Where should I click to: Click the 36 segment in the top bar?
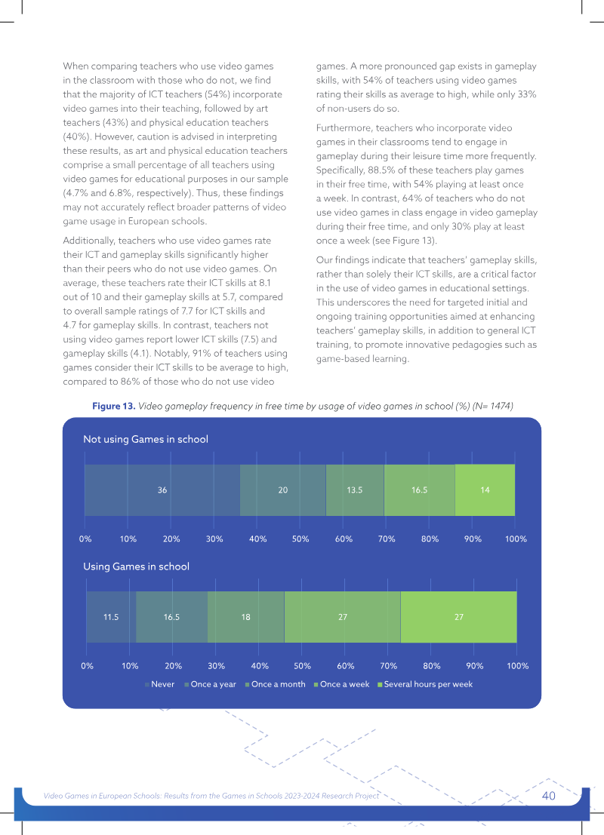(x=162, y=490)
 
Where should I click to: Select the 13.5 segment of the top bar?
(x=355, y=490)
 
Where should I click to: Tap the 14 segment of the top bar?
(x=485, y=490)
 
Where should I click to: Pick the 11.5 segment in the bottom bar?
(x=111, y=617)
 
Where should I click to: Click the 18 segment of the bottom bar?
(x=246, y=617)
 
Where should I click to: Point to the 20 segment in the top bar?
(x=283, y=490)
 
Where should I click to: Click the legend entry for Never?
(x=159, y=684)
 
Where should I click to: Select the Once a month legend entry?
(x=275, y=684)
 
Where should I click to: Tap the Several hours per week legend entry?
(x=425, y=684)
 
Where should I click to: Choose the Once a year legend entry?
(x=210, y=684)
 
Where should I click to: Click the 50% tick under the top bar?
(x=300, y=539)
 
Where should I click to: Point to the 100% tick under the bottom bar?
(x=518, y=665)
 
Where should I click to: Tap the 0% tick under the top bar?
(x=85, y=539)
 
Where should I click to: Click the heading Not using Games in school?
(x=146, y=439)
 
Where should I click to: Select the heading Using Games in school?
(x=136, y=566)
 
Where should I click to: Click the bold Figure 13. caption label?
(x=114, y=407)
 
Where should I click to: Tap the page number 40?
(x=549, y=796)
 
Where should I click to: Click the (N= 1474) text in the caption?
(x=492, y=407)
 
